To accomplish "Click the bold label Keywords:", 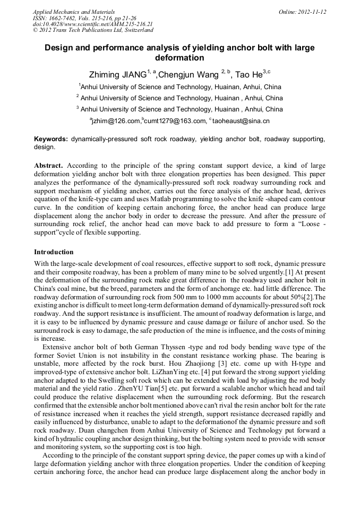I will pyautogui.click(x=51, y=139).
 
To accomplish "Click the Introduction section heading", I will pyautogui.click(x=54, y=252).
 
